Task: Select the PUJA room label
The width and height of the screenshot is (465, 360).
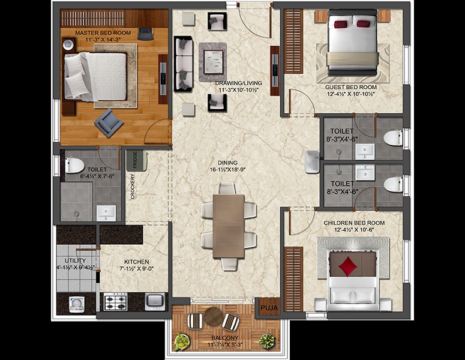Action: coord(266,310)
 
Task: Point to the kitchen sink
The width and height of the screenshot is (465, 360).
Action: coord(155,301)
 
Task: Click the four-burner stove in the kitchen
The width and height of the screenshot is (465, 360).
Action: coord(115,301)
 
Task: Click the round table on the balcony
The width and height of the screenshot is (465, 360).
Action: coord(213,316)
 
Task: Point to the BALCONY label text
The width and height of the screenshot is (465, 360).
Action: coord(224,337)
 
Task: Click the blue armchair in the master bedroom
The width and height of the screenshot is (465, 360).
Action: coord(109,122)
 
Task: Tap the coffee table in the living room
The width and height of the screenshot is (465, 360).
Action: coord(213,59)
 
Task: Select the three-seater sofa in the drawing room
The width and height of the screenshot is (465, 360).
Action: coord(183,63)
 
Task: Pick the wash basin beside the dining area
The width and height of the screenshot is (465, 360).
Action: coord(312,161)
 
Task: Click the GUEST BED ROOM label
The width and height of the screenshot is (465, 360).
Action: coord(347,87)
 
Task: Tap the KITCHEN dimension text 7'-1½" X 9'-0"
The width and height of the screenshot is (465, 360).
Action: coord(136,270)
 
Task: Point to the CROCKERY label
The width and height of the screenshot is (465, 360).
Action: coord(132,187)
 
